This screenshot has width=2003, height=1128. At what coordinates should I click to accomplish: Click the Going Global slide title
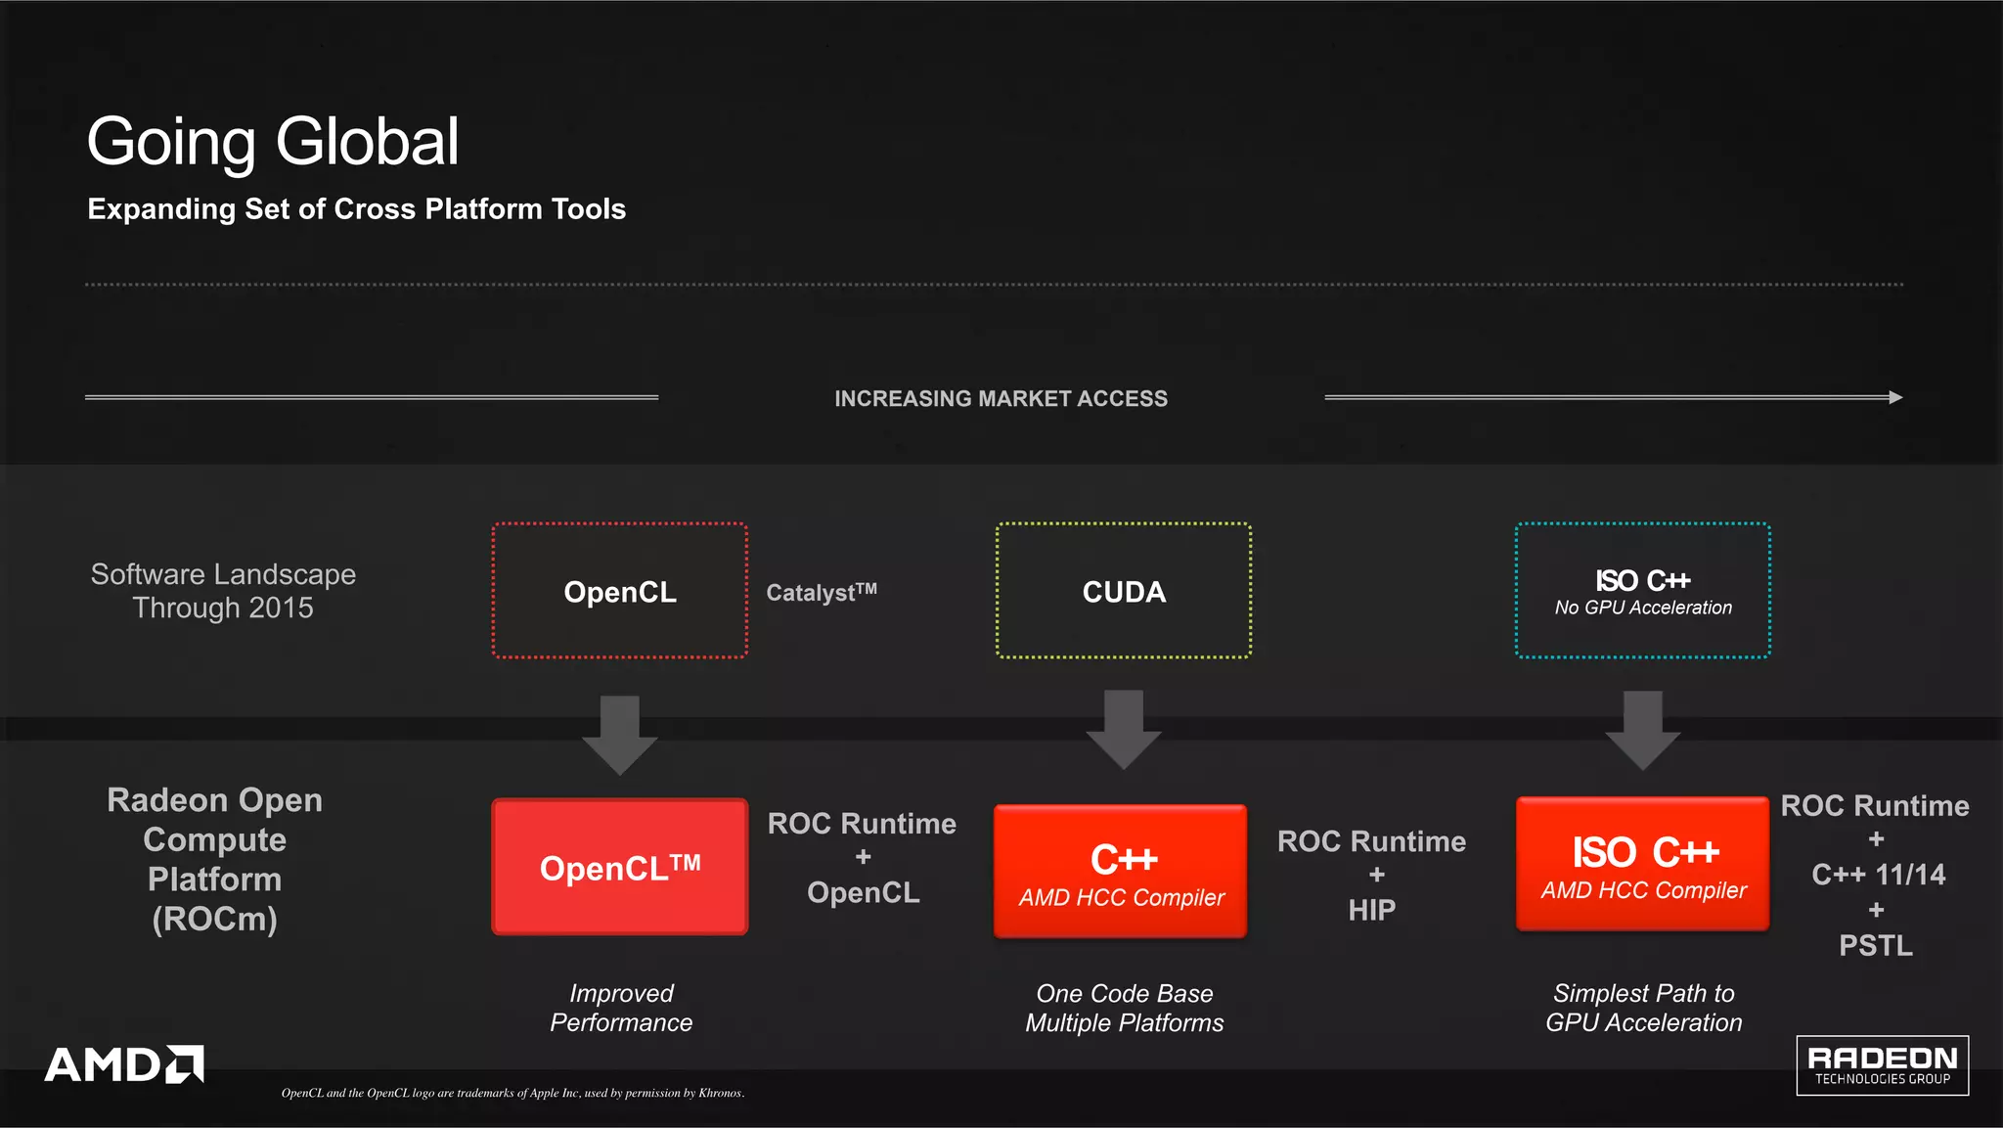point(273,142)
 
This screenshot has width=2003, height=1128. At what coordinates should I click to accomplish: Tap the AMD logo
point(124,1064)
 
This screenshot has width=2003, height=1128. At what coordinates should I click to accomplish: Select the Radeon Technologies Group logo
point(1882,1065)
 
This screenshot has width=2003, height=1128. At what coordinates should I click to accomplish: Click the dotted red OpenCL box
point(620,591)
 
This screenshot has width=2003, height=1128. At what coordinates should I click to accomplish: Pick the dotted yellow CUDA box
point(1124,591)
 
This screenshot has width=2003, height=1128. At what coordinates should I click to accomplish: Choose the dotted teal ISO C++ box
point(1643,591)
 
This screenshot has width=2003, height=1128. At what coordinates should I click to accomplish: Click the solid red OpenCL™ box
point(620,868)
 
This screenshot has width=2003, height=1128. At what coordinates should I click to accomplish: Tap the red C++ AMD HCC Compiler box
point(1121,872)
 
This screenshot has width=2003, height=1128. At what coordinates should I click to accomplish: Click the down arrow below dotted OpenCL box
point(620,735)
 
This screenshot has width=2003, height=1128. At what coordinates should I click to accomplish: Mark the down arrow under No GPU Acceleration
point(1643,731)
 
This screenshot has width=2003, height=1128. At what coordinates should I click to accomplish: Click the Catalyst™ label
point(822,593)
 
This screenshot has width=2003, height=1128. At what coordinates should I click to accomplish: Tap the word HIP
point(1371,911)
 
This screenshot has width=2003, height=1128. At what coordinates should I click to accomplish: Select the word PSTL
point(1876,946)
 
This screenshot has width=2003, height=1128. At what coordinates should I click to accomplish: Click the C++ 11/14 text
point(1878,875)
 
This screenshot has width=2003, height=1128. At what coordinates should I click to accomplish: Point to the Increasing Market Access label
point(1001,399)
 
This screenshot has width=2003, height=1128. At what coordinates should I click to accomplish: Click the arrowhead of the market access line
point(1895,397)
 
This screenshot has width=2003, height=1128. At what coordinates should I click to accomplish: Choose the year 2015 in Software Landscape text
point(281,609)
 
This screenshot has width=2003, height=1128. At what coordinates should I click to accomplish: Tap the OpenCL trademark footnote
point(512,1093)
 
